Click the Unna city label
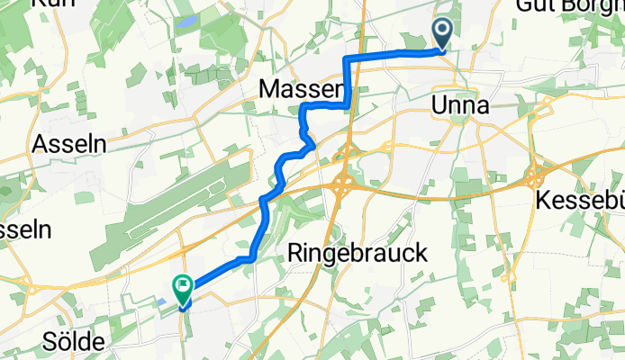point(461,105)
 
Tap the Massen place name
point(300,88)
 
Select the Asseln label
point(68,143)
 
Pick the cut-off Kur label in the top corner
point(50,4)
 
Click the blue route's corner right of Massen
point(348,105)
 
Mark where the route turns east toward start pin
point(348,58)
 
